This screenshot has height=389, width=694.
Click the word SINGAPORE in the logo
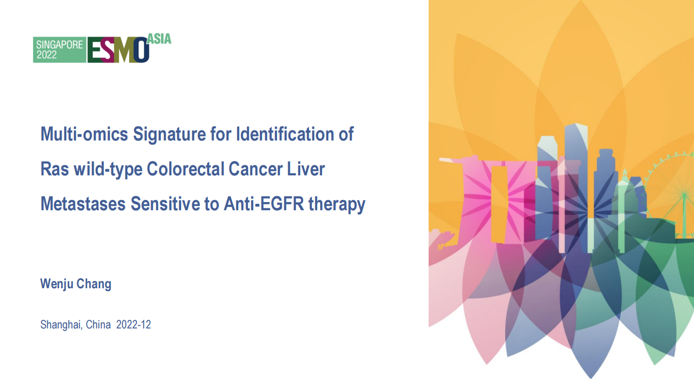(60, 45)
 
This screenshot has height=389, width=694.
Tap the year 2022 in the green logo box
(47, 55)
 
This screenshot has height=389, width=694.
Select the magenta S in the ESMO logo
(108, 50)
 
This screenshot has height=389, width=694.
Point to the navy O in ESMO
(141, 50)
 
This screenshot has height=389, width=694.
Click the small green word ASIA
(159, 39)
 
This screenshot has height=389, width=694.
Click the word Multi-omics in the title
(84, 134)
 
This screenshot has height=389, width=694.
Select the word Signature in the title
(169, 135)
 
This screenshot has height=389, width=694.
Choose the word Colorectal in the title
(185, 169)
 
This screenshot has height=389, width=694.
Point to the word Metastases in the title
(83, 204)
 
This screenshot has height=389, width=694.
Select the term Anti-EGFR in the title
(264, 204)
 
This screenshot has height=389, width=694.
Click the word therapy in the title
(337, 204)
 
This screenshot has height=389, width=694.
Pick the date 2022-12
(134, 325)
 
